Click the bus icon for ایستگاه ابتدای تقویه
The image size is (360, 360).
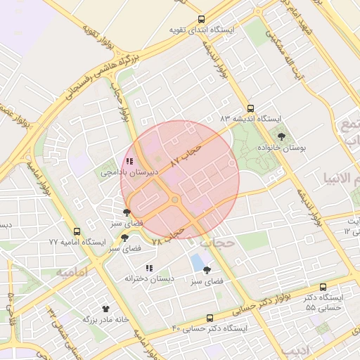[x=202, y=20]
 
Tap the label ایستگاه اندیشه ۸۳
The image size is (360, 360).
[x=251, y=119]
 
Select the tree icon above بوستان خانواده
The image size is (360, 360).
[x=282, y=136]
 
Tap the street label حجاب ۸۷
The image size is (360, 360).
[x=186, y=153]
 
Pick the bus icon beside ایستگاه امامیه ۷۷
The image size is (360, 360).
[x=77, y=231]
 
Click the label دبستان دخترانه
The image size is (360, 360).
[x=149, y=278]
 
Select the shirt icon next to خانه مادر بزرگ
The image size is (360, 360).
[x=106, y=308]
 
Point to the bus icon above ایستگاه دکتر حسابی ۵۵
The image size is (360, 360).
[x=323, y=287]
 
